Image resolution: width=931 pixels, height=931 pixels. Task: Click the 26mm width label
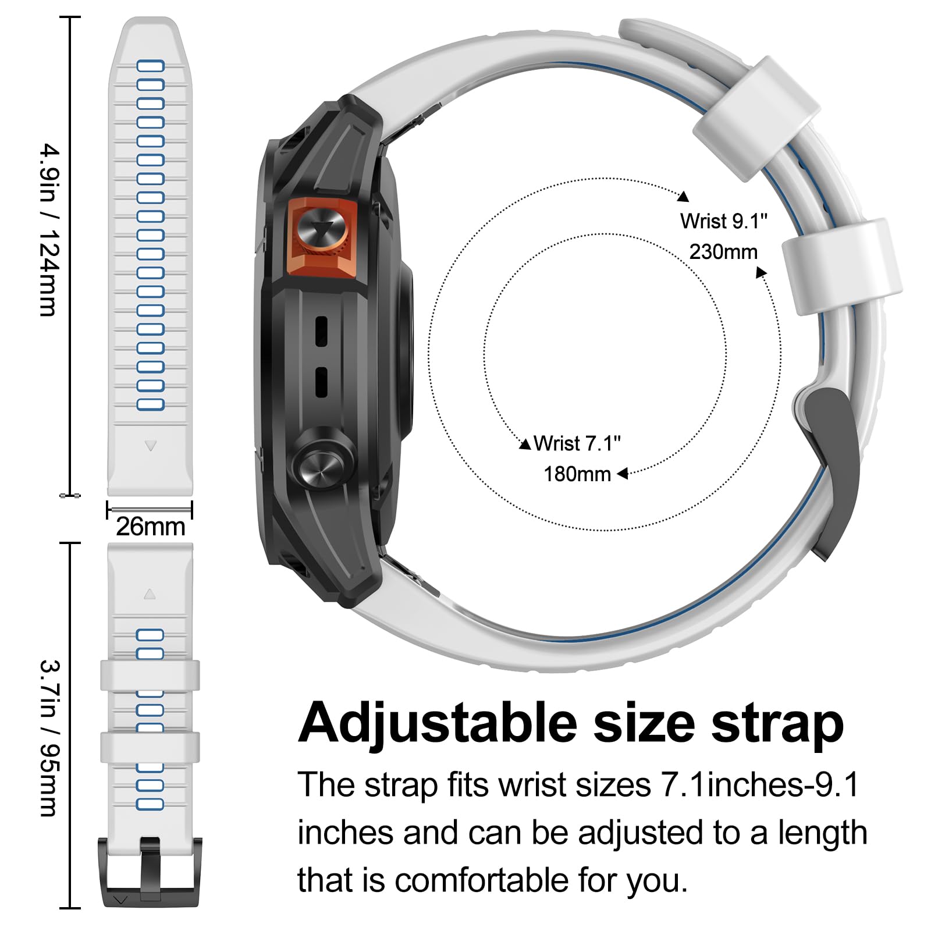[150, 527]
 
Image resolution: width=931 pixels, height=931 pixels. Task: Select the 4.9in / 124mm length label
[49, 230]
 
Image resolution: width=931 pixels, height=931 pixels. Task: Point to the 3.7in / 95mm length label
[49, 738]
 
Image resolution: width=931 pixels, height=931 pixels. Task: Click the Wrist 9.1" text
[724, 221]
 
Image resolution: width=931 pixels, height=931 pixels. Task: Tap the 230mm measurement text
[724, 252]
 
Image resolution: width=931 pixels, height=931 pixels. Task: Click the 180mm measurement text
[577, 474]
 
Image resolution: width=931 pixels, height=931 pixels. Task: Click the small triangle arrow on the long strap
[151, 446]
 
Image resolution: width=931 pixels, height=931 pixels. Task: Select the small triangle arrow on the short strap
[150, 594]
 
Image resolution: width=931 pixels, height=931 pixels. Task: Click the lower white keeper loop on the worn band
[842, 267]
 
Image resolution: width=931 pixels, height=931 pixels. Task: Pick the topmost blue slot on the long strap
[150, 66]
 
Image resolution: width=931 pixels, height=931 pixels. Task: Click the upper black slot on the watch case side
[321, 331]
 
